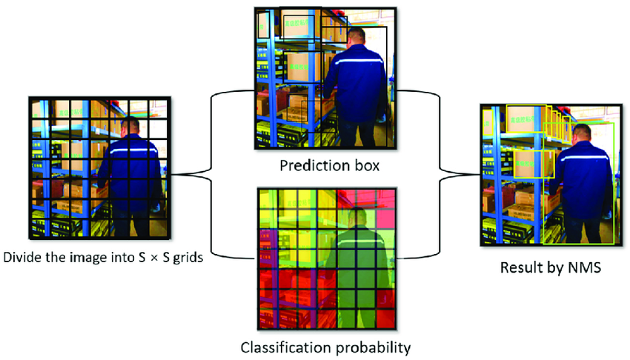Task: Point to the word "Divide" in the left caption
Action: click(23, 259)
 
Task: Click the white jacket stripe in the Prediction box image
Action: click(359, 62)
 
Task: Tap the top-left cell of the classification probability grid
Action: click(267, 199)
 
